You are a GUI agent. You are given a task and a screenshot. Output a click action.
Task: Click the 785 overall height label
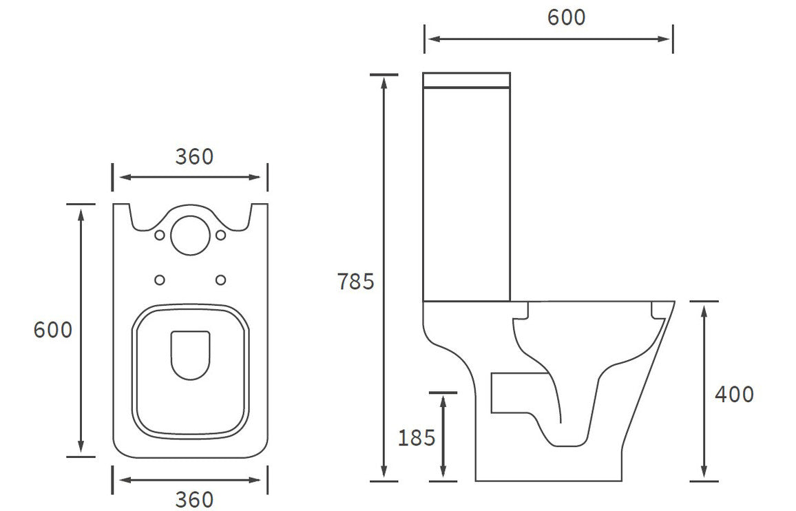(355, 281)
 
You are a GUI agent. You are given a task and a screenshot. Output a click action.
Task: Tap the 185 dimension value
(417, 437)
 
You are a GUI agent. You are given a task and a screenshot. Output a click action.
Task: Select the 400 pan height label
(734, 395)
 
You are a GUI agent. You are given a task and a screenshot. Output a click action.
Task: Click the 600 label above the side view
(566, 17)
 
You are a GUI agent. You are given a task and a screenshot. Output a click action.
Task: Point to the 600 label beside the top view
(53, 330)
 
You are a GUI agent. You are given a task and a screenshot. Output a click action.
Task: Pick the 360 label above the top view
(194, 157)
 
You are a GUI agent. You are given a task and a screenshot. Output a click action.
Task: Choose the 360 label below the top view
(194, 499)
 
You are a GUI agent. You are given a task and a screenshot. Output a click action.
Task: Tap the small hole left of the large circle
(160, 236)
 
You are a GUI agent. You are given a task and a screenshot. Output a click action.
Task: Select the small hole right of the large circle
(221, 236)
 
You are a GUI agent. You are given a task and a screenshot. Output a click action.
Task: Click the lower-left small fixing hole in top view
(160, 280)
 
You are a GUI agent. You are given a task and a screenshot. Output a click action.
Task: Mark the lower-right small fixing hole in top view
(221, 280)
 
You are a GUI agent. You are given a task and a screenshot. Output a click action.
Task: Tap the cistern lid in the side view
(467, 80)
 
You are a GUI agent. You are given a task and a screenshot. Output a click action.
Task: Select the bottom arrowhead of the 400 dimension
(704, 474)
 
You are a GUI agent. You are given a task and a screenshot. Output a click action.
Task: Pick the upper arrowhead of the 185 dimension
(443, 399)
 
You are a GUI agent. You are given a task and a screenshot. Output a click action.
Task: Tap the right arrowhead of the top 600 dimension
(666, 39)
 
